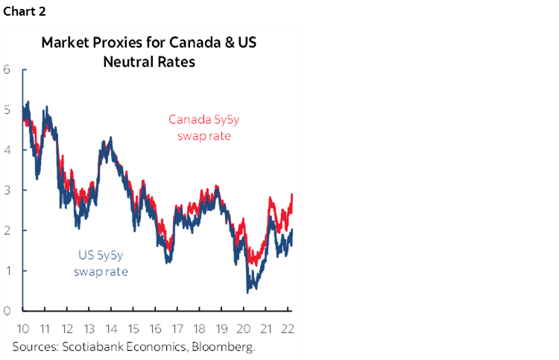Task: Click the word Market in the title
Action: point(63,42)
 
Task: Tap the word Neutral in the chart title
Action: point(127,61)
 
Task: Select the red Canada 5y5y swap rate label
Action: point(199,127)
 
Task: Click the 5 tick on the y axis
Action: point(7,110)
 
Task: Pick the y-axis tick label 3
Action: point(7,190)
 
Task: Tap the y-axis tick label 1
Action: point(7,271)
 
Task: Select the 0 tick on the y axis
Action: point(7,311)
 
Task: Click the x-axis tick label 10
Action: point(23,330)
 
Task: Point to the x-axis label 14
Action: point(112,330)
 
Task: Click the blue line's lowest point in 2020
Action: point(247,291)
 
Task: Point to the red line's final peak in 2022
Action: point(291,195)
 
